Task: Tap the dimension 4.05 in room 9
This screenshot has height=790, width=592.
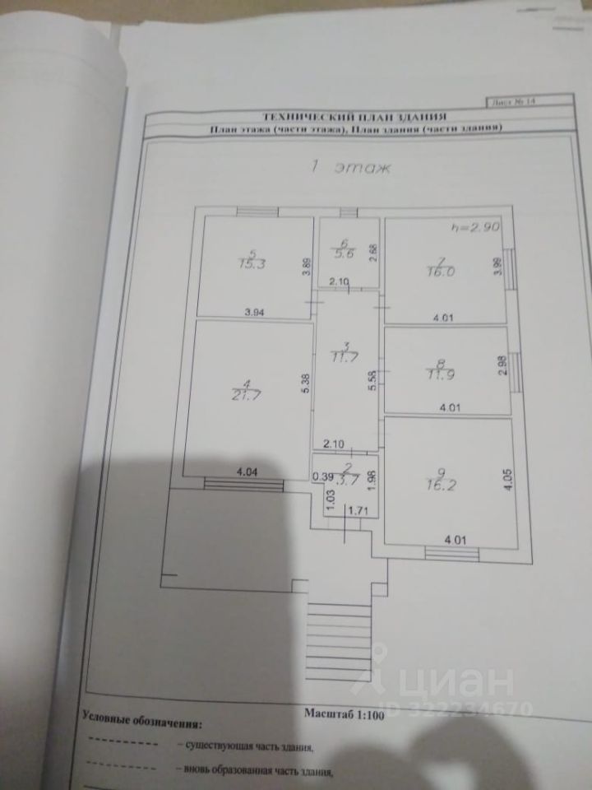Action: (x=507, y=479)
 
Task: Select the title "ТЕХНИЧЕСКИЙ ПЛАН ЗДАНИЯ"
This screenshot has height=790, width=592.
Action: (x=354, y=118)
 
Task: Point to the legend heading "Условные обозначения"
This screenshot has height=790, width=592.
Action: (x=141, y=723)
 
